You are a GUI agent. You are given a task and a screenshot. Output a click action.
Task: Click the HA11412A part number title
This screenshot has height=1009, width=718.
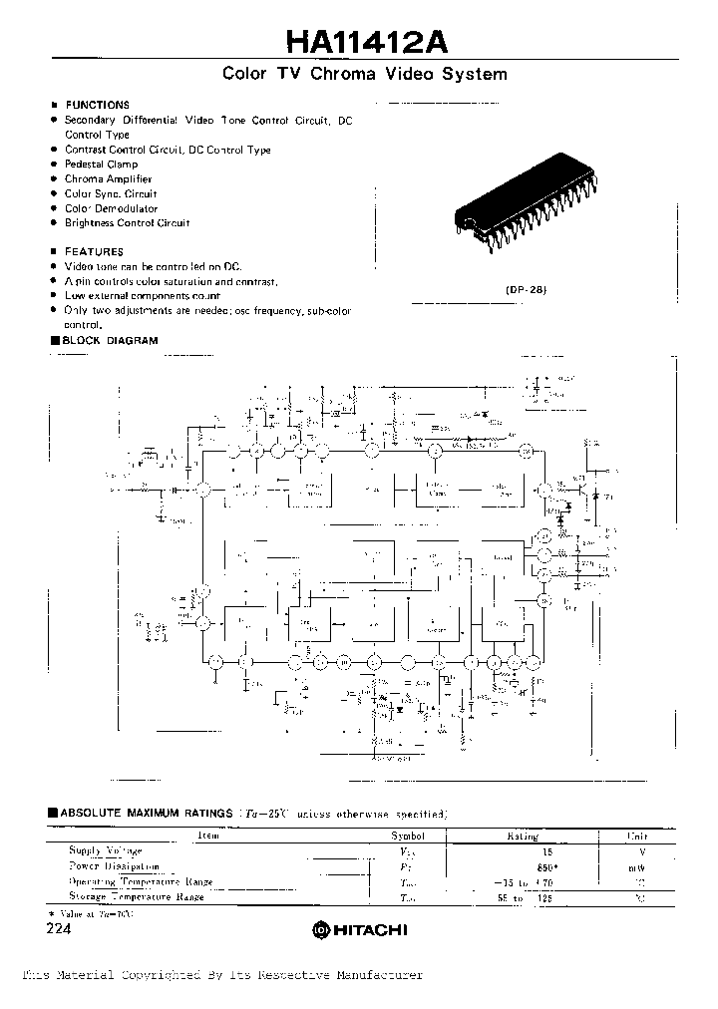[366, 41]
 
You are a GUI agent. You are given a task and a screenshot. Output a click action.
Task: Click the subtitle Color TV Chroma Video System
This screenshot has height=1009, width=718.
[364, 75]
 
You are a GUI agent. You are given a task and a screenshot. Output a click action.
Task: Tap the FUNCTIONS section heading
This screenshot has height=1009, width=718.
[97, 105]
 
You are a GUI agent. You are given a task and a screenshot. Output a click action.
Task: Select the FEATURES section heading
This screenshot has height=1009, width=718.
[94, 252]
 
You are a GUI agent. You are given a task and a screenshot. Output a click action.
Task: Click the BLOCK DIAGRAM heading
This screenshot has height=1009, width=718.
[110, 341]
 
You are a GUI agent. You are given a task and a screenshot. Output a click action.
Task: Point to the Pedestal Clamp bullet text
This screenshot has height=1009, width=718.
[101, 165]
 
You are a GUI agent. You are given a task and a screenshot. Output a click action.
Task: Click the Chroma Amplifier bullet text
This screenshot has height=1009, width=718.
[108, 179]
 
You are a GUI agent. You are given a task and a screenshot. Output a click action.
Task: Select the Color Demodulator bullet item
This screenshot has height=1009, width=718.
[111, 208]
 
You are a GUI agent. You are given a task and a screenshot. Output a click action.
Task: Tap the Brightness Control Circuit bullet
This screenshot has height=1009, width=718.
[127, 223]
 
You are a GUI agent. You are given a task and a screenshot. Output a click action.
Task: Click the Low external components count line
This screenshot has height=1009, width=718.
[143, 296]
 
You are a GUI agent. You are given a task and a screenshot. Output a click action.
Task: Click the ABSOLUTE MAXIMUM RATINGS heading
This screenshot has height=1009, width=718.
[146, 814]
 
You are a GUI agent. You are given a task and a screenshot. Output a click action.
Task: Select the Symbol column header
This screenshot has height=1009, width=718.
[407, 837]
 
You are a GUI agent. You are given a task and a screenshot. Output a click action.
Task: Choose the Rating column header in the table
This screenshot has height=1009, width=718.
[523, 837]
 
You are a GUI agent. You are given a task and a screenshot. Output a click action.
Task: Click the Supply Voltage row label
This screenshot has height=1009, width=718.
[105, 851]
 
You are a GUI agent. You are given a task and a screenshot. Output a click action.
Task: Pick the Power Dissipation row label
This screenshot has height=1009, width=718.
[114, 866]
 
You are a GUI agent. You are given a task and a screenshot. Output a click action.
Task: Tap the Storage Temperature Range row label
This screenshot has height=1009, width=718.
[136, 897]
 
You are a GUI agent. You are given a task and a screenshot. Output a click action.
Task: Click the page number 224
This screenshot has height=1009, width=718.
[60, 927]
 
